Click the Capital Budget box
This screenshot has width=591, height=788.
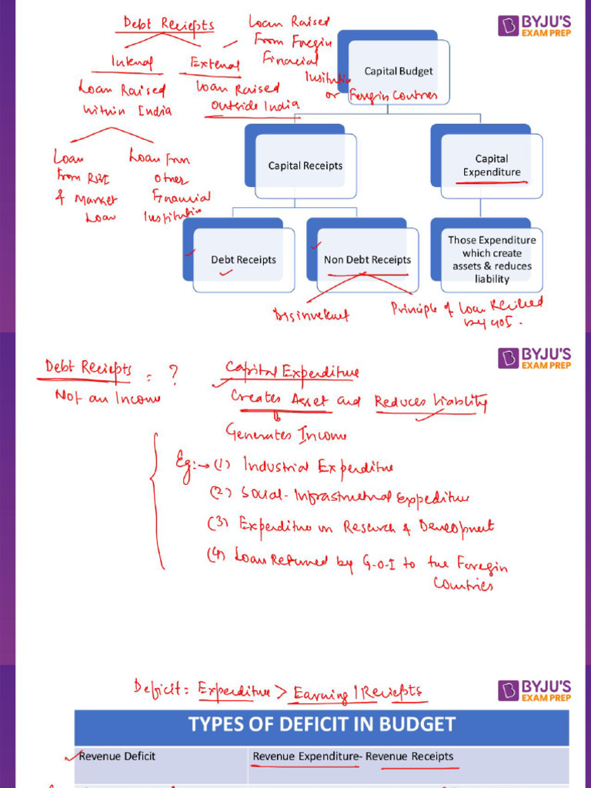click(399, 72)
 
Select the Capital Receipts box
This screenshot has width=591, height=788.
click(306, 165)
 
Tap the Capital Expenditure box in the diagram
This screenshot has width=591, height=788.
click(492, 165)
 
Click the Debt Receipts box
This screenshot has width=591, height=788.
click(243, 260)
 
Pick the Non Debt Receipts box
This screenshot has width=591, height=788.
click(367, 260)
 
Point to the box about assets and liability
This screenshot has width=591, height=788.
click(492, 259)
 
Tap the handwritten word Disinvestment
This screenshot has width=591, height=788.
click(311, 315)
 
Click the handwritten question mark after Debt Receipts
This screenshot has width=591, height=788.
click(173, 374)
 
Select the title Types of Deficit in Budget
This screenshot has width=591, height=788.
click(322, 724)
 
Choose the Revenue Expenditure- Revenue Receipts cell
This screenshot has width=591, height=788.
click(353, 756)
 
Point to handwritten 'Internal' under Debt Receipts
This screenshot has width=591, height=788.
click(132, 62)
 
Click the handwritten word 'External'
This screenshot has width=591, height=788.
click(215, 65)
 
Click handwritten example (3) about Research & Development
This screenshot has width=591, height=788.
click(352, 528)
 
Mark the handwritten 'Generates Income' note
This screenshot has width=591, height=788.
click(285, 435)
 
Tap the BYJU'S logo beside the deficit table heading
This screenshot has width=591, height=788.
click(535, 690)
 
